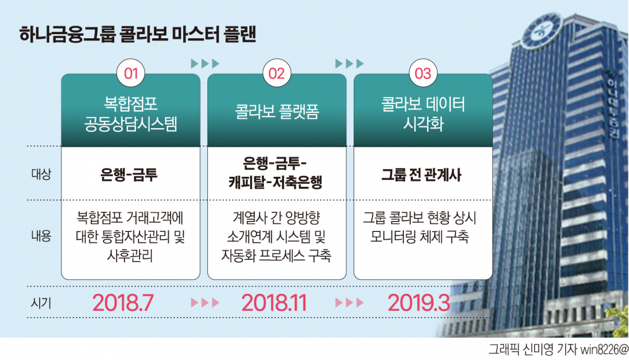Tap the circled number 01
coord(131,73)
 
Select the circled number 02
coord(277,73)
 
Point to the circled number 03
coord(423,73)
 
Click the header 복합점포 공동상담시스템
coord(131,114)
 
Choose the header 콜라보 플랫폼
coord(277,112)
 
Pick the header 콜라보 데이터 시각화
coord(423,114)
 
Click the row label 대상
coord(41,174)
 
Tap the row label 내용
coord(41,236)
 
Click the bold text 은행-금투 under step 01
coord(129,175)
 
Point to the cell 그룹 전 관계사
coord(421,175)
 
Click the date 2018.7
coord(123,303)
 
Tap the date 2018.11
coord(274,303)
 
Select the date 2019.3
coord(419,303)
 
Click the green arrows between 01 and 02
coord(205,63)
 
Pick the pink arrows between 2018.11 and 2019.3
coord(349,303)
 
